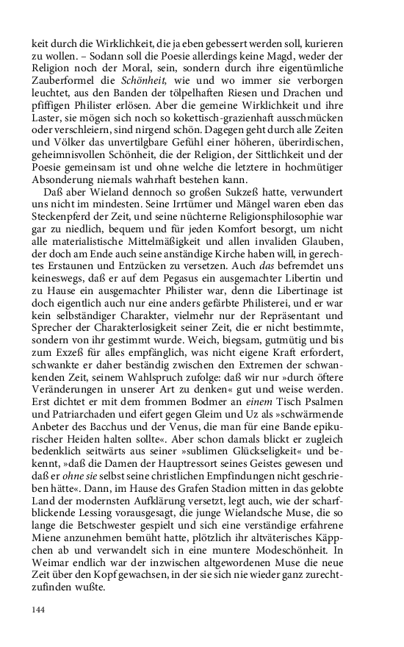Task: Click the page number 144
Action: tap(39, 610)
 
